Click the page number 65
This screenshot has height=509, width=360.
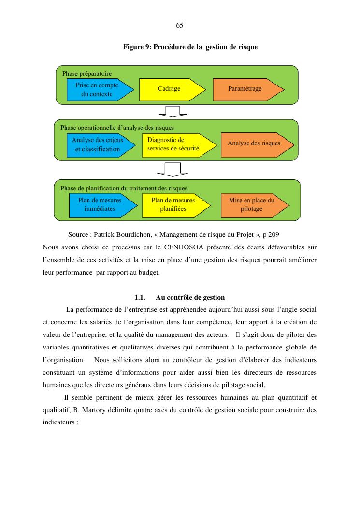179,25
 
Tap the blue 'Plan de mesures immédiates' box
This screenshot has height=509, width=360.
100,204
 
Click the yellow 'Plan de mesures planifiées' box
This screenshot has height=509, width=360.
174,204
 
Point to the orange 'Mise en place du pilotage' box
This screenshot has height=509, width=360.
251,204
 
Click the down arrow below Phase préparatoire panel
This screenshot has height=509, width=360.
173,111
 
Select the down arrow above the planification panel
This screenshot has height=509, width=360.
173,170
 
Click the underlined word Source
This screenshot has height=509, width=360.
78,235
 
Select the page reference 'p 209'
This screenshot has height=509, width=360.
271,235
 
